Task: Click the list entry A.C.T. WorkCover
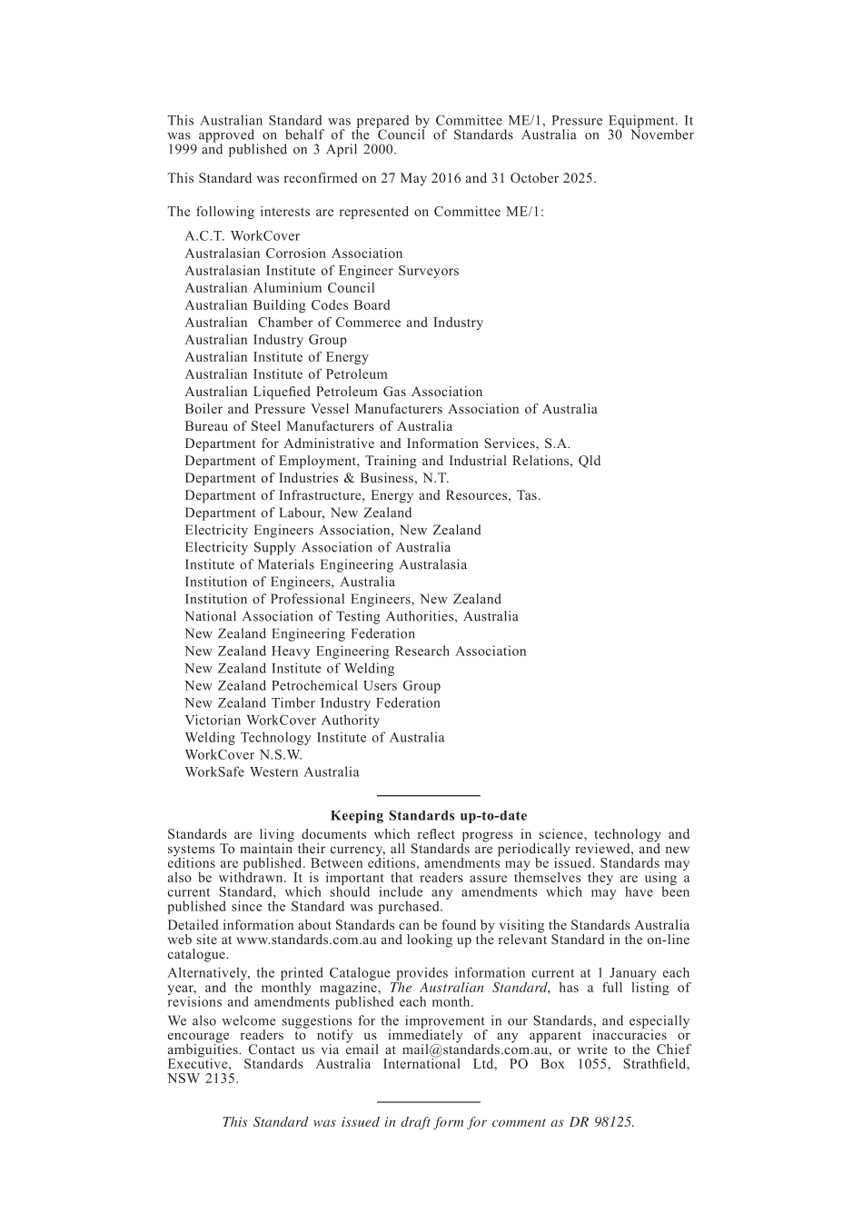point(242,236)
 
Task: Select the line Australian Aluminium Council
point(280,288)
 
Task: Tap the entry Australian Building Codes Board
point(287,305)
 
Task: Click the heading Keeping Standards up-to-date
point(428,816)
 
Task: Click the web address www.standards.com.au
point(306,940)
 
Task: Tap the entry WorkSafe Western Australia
point(272,772)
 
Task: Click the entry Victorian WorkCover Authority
point(283,721)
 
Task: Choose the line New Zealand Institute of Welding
point(290,669)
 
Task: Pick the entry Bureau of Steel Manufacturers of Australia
point(318,426)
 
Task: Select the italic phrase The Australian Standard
point(468,988)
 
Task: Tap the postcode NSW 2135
point(203,1080)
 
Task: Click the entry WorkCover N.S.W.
point(243,755)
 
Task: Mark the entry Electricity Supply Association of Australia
point(317,548)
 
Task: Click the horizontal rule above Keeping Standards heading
point(428,796)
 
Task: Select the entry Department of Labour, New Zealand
point(298,513)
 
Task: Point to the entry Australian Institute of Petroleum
point(286,374)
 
